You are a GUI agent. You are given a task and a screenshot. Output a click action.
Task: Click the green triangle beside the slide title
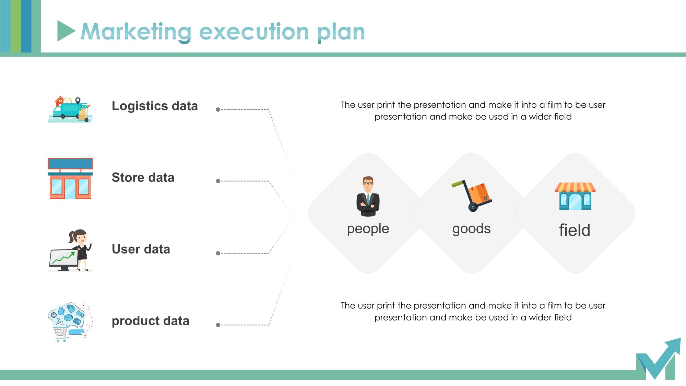(x=65, y=31)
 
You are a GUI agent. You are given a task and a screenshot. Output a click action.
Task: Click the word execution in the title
(x=254, y=32)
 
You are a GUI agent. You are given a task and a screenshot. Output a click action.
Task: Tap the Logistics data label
(x=155, y=106)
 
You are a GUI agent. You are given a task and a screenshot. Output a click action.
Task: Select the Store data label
(x=143, y=177)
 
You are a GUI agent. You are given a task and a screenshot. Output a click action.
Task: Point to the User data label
(x=141, y=249)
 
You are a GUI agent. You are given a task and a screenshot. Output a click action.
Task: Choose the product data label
(x=151, y=321)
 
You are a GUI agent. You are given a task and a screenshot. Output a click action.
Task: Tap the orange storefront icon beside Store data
(x=70, y=178)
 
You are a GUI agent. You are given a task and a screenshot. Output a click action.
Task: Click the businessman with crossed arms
(x=368, y=196)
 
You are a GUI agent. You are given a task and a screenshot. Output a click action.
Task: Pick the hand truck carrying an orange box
(x=472, y=196)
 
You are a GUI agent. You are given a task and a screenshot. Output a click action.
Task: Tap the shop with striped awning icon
(x=575, y=196)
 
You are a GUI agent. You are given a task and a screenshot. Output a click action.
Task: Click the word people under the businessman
(x=368, y=229)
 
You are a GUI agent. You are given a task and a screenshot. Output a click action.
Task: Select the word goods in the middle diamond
(x=472, y=229)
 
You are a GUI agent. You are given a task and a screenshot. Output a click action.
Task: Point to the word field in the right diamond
(x=575, y=230)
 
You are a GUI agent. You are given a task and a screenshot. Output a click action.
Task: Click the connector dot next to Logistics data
(x=218, y=109)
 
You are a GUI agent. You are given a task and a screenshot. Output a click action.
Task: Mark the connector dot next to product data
(x=218, y=325)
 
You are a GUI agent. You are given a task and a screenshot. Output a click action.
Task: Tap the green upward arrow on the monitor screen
(x=63, y=258)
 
